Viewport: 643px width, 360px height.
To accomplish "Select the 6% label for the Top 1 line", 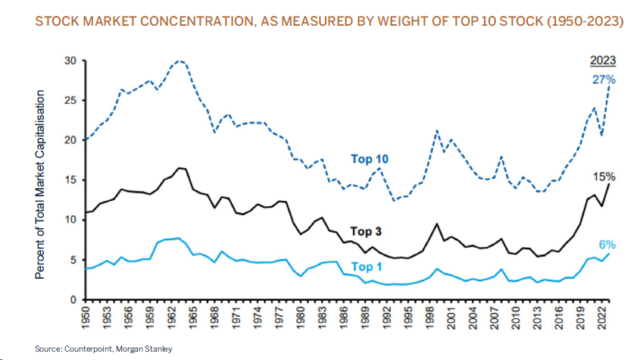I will click(605, 245).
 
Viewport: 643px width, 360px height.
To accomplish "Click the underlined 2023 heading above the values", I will click(603, 61).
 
